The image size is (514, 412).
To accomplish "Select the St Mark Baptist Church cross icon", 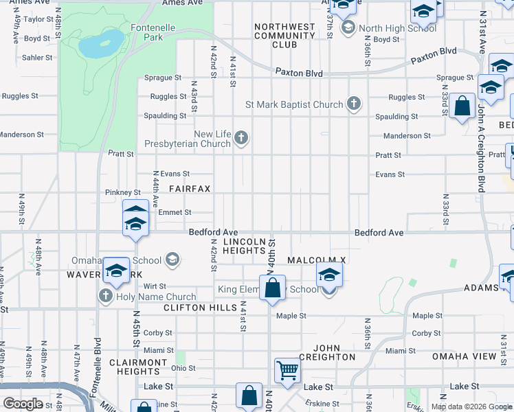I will coord(353,104).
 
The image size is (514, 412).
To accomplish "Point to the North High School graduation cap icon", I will coord(348,28).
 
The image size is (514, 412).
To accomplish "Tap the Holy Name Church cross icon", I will coord(105,297).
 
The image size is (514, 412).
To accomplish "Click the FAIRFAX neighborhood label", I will coord(190,188).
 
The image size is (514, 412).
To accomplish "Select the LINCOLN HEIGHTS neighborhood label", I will coord(245,247).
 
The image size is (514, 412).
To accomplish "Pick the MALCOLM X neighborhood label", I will coord(315,260).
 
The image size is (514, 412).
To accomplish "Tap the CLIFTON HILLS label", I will coord(200,308).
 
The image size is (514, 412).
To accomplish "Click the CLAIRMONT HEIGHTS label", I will coord(138,367).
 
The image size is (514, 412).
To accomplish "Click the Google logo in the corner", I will coord(23,404).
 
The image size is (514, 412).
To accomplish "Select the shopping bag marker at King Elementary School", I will coord(273,288).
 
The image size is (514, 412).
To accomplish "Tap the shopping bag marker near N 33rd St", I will coord(462,107).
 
